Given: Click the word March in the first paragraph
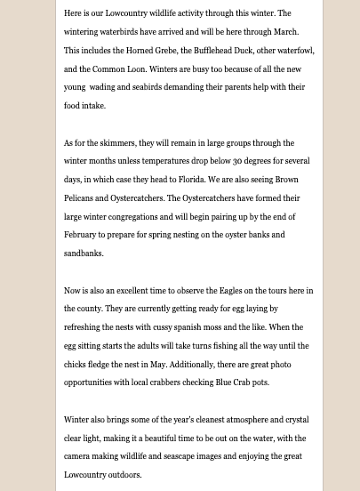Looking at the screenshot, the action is [285, 32].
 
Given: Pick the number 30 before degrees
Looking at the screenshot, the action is [237, 161].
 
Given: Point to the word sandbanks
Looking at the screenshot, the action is [83, 254].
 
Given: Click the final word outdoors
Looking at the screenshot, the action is [124, 475].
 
